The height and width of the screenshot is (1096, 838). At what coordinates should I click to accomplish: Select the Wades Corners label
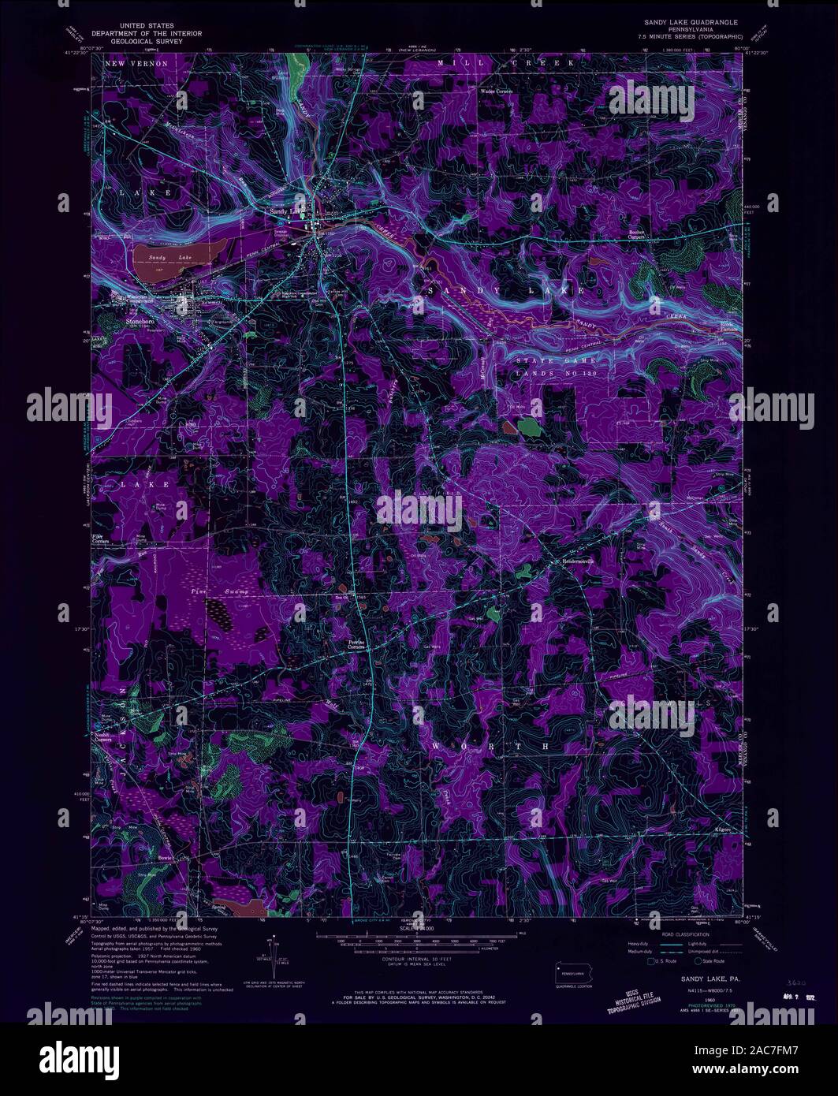[x=497, y=91]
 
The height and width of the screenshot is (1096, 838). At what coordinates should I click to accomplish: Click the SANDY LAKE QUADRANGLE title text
[x=687, y=23]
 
